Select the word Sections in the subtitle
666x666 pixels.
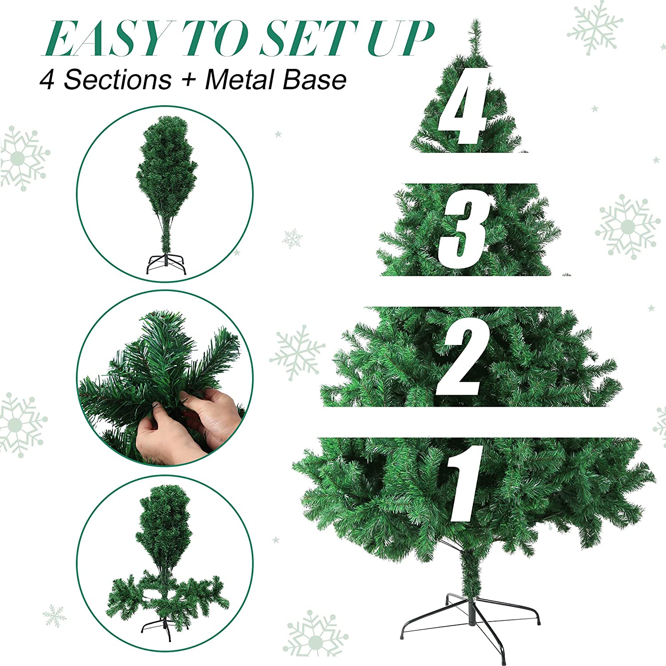click(x=118, y=80)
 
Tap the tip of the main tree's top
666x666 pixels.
click(x=476, y=22)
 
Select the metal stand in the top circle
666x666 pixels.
click(x=166, y=264)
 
